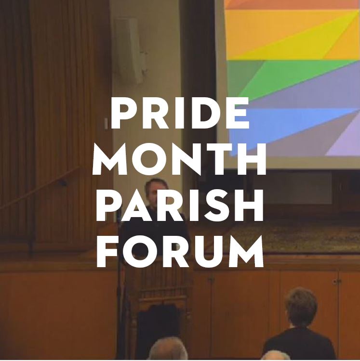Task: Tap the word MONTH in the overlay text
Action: point(180,162)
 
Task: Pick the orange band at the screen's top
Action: point(289,4)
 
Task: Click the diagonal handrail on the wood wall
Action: point(39,188)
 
